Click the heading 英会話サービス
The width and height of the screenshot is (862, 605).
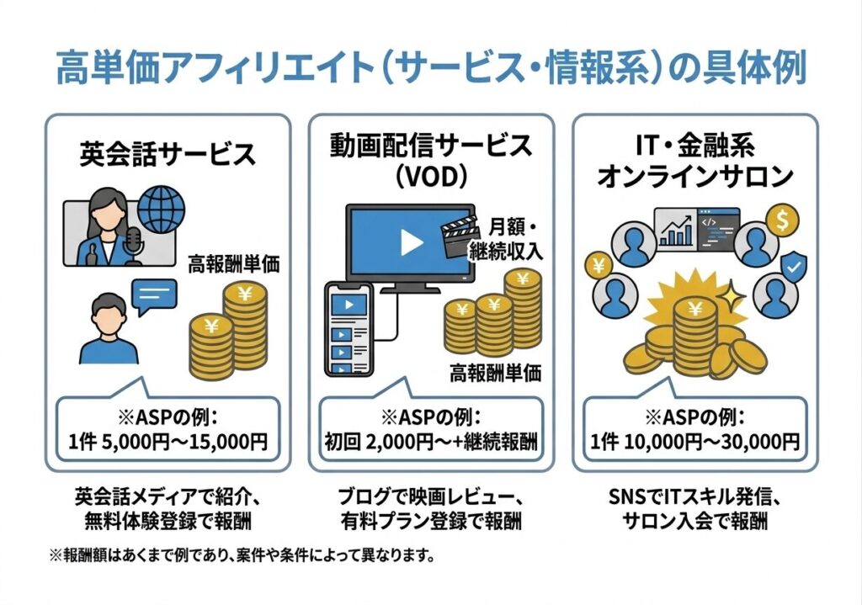[167, 154]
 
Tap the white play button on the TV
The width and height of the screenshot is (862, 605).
[411, 242]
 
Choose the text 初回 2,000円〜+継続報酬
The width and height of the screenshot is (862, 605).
[431, 441]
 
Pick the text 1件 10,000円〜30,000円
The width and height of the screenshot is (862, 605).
[694, 441]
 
